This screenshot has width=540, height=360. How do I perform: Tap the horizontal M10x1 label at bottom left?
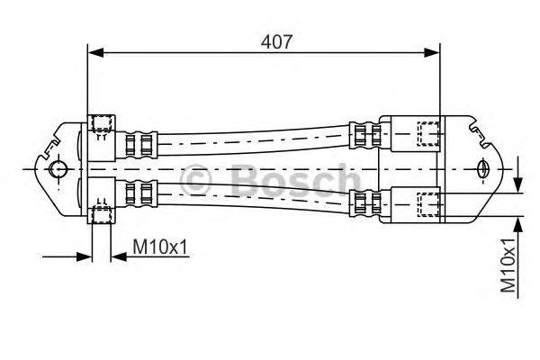point(160,246)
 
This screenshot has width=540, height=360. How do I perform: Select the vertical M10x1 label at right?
point(509,266)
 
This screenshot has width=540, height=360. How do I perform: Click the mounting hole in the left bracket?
point(58,169)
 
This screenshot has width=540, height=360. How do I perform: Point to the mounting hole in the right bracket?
point(482,168)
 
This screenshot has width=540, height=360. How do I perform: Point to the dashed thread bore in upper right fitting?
point(429,132)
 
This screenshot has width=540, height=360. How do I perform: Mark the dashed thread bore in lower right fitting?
point(429,202)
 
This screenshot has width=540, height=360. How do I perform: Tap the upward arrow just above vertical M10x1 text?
point(518,221)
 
